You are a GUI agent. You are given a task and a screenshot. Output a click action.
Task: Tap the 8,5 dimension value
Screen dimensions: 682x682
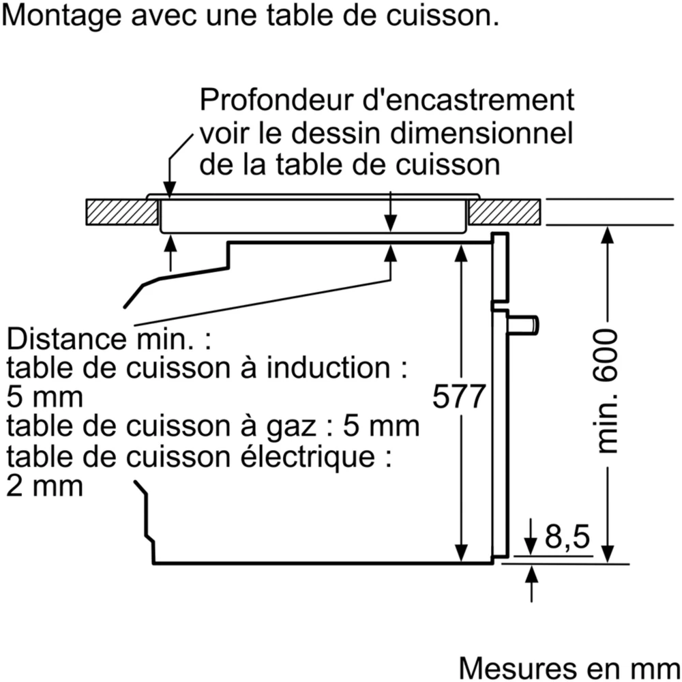pos(567,538)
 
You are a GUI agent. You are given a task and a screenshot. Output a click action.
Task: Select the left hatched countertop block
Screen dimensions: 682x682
pos(121,212)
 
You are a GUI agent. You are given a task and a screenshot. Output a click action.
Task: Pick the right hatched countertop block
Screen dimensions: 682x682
pos(505,212)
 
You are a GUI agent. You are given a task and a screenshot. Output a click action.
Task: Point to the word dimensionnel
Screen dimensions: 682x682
pos(481,132)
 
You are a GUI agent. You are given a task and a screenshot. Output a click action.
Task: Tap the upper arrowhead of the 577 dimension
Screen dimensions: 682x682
pos(462,252)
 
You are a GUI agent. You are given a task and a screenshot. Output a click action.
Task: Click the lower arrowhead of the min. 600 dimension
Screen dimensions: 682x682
pos(608,553)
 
